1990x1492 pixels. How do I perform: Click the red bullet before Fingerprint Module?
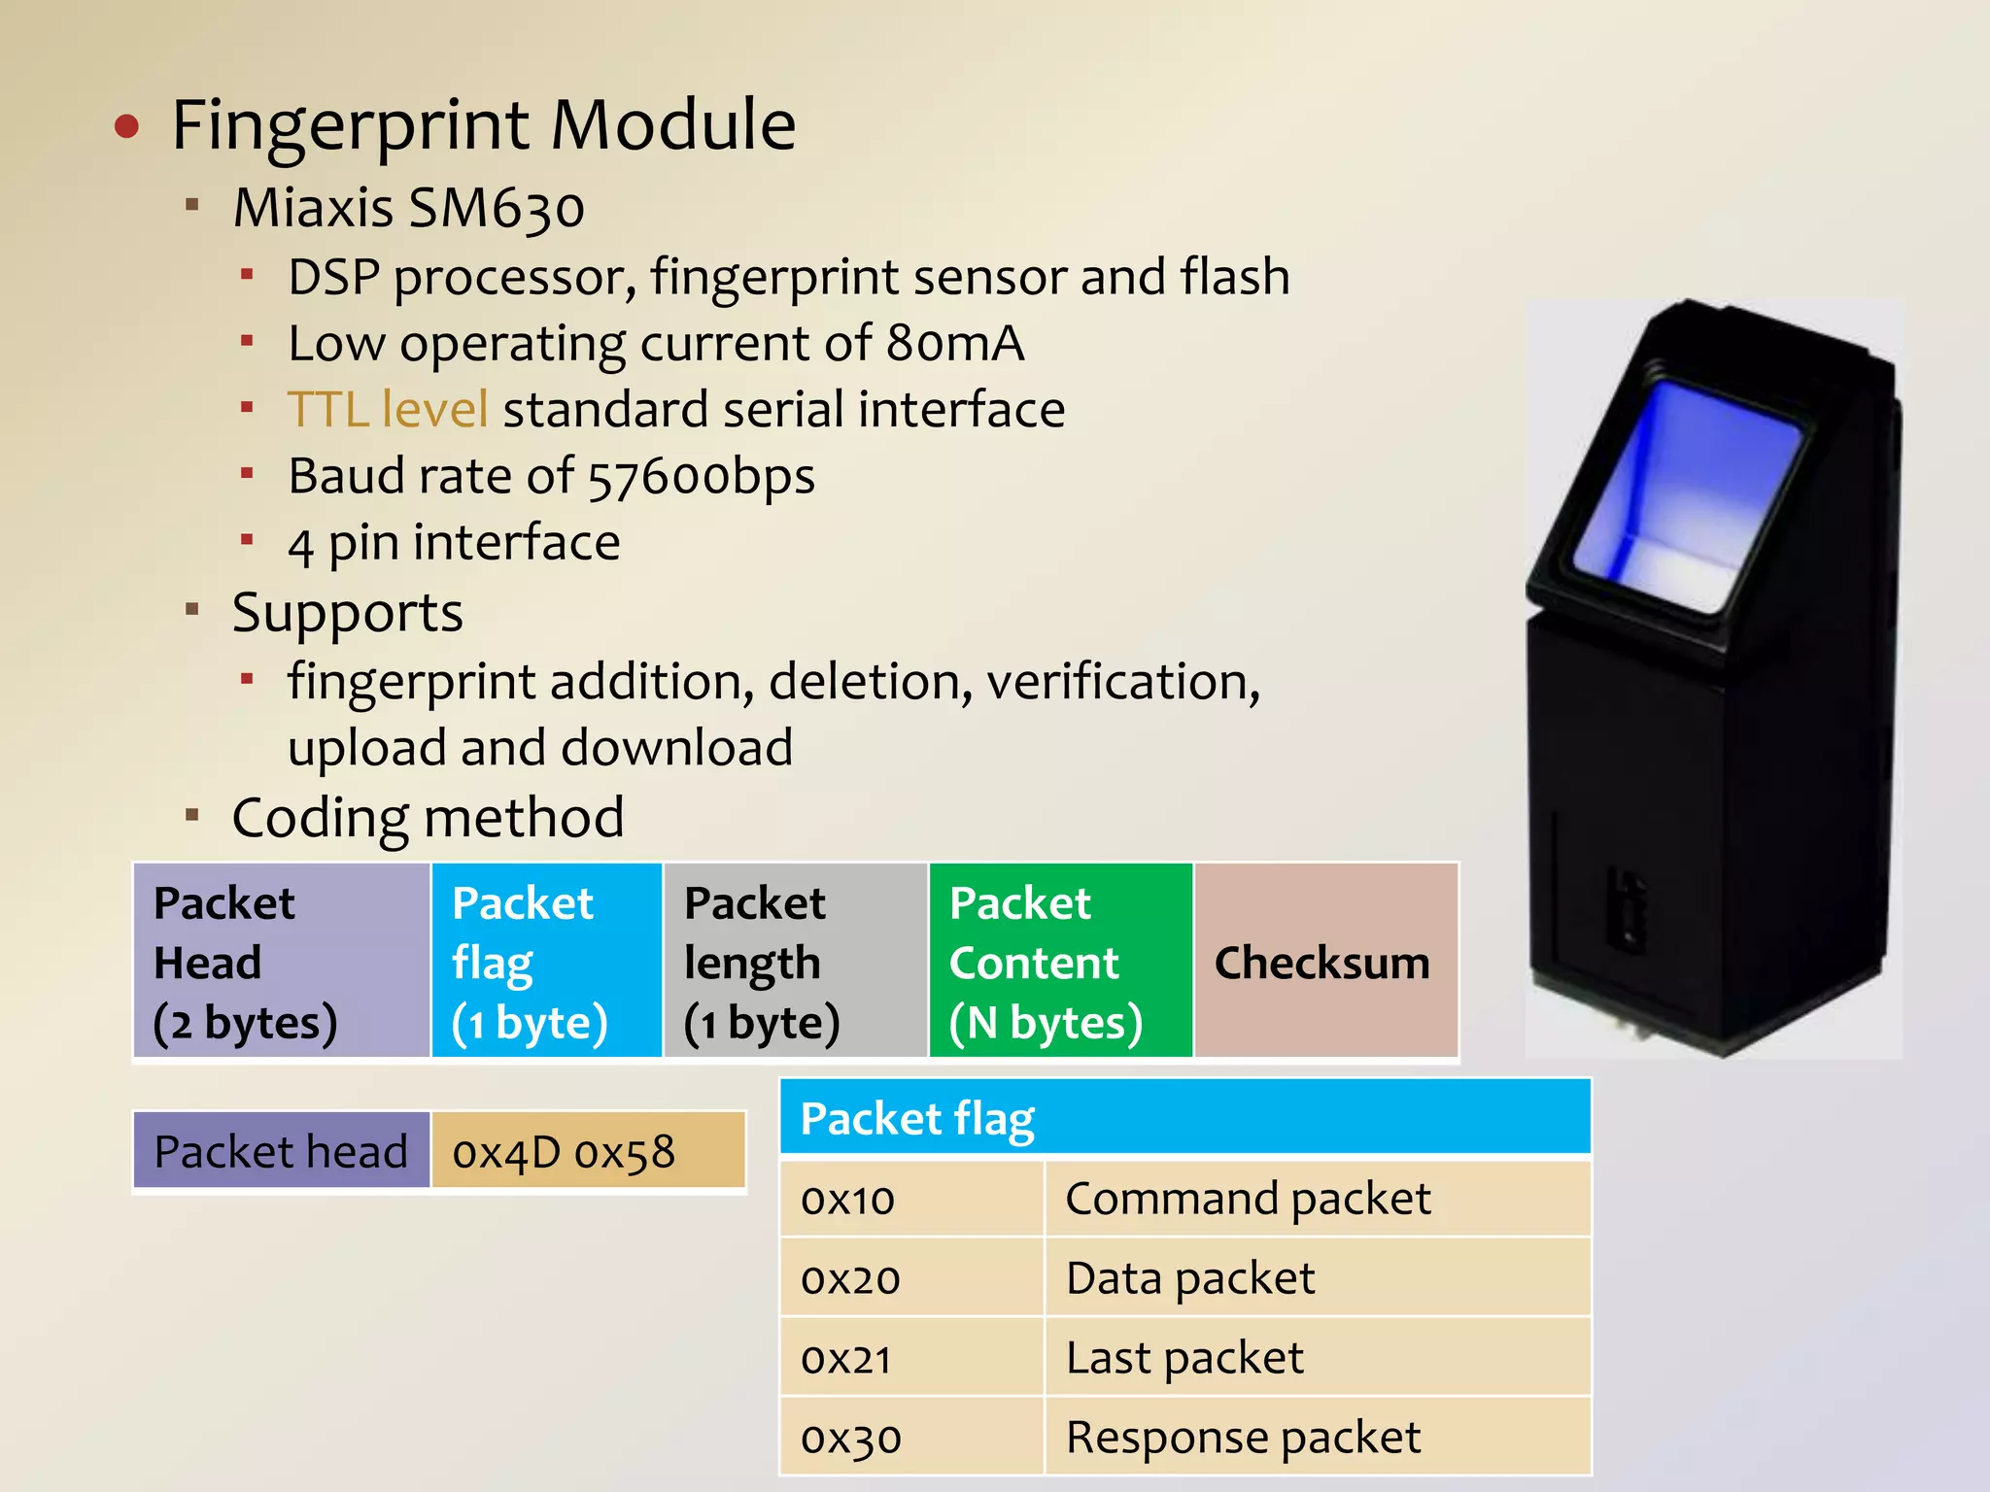point(127,126)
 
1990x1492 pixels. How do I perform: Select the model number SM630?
point(496,208)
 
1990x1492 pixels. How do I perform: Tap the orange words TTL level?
point(387,409)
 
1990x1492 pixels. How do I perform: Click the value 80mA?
point(954,343)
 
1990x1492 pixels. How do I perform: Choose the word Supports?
point(347,613)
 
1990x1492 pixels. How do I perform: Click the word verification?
point(1123,681)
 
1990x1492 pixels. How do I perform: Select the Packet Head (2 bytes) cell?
point(281,960)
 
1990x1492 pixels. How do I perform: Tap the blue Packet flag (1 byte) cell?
point(546,960)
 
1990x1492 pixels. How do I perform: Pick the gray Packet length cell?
point(794,960)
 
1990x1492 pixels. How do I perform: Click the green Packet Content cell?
point(1060,960)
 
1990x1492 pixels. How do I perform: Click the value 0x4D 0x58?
point(564,1152)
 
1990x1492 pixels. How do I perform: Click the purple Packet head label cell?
point(281,1152)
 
